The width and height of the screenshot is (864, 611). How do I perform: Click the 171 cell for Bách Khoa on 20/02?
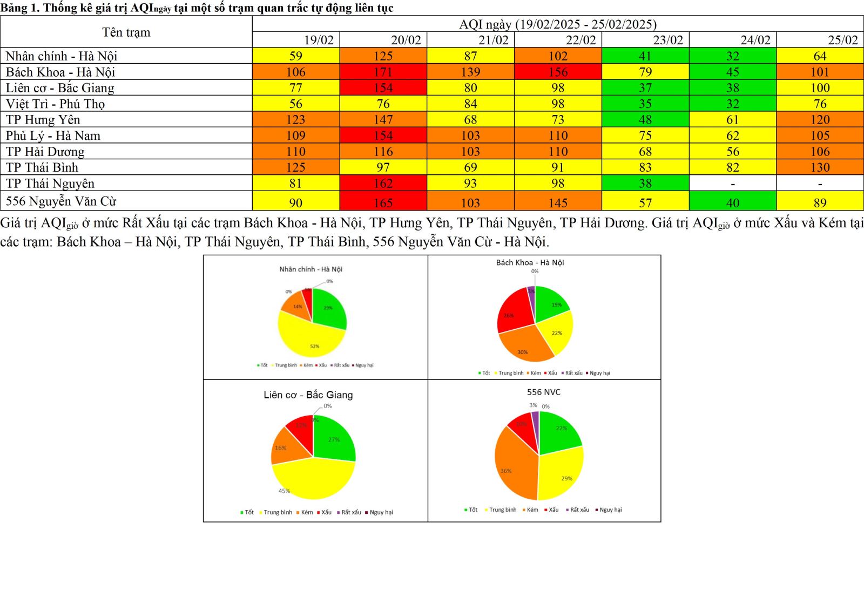tap(383, 72)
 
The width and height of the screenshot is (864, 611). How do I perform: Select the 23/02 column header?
tap(668, 40)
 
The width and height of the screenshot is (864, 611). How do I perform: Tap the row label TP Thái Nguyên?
tap(50, 184)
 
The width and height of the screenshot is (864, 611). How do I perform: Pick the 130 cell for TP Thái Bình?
tap(820, 167)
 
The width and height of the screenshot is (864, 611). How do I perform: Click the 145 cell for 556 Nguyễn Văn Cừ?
tap(558, 203)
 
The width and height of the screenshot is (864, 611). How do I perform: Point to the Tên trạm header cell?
tap(126, 32)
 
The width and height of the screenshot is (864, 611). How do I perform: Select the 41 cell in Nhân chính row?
tap(645, 56)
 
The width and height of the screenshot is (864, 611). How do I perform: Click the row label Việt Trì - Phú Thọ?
tap(55, 104)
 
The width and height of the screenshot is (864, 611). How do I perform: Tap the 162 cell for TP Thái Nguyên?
tap(383, 184)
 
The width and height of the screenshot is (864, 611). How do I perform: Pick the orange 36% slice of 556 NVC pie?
tap(513, 467)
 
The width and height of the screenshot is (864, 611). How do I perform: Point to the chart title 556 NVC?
tap(543, 392)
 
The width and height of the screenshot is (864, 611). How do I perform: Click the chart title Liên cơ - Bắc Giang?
tap(308, 395)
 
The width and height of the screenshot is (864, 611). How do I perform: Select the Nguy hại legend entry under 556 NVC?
tap(610, 510)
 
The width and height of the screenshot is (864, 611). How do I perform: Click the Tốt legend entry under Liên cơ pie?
tap(249, 512)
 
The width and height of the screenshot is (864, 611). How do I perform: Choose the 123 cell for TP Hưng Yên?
tap(295, 120)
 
